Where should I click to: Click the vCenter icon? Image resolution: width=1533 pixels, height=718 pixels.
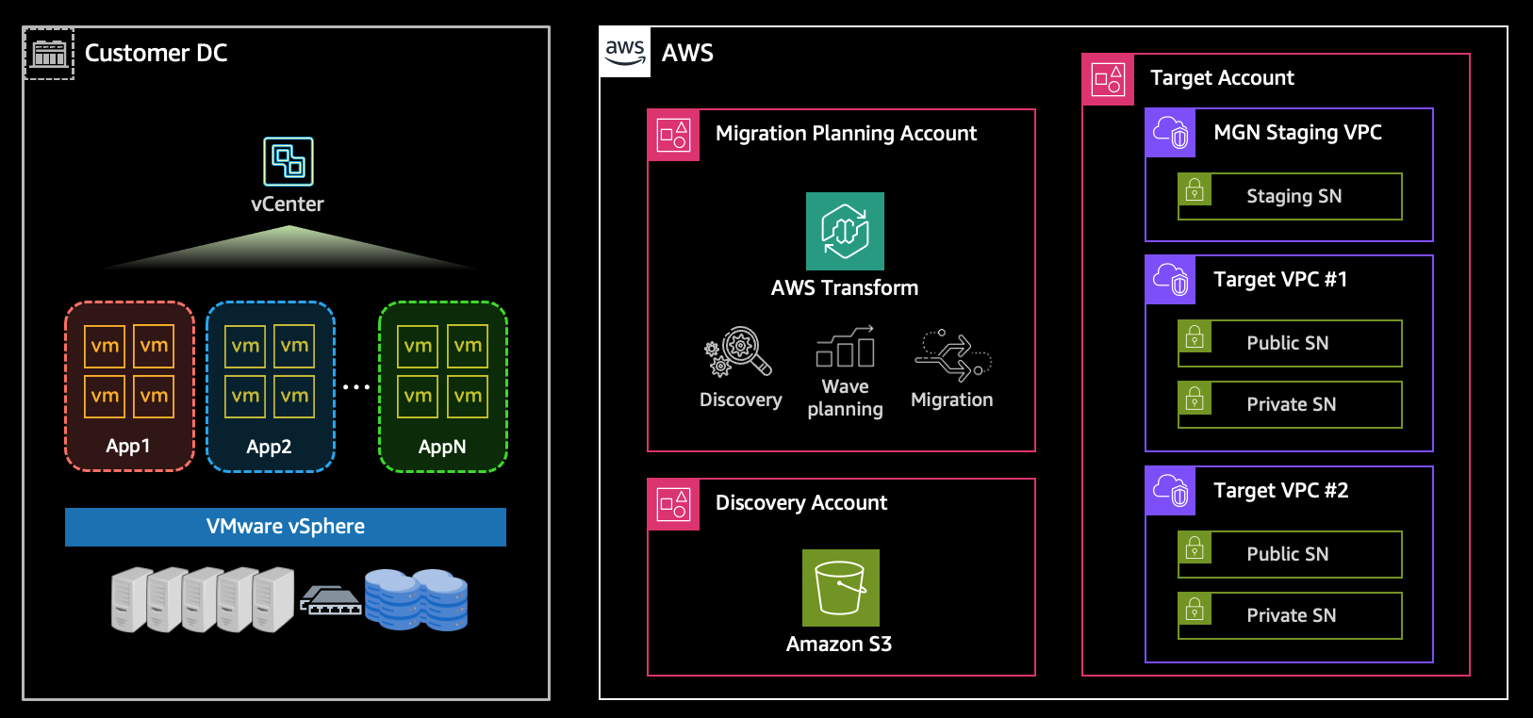coord(288,161)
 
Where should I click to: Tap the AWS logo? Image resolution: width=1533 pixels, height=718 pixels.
coord(625,52)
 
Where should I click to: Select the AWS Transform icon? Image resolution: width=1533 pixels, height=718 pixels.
coord(845,231)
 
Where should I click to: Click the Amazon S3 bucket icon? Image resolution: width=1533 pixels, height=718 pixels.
coord(840,587)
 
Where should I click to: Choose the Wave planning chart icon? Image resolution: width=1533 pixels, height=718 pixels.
coord(845,348)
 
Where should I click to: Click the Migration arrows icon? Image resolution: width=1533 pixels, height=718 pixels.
coord(952,355)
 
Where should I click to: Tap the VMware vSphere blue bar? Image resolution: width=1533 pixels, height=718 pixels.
coord(286,527)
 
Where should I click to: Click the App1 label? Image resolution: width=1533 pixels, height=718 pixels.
coord(128,446)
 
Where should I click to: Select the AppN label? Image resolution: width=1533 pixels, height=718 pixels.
coord(442,447)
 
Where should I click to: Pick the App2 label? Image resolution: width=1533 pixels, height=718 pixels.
coord(269,447)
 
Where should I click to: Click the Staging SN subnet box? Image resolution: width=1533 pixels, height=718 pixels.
coord(1290,196)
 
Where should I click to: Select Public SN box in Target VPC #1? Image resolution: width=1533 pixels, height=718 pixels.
coord(1290,343)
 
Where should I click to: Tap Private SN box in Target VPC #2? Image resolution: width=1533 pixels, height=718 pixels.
coord(1290,615)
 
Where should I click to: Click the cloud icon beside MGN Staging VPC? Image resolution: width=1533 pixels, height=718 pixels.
coord(1170,133)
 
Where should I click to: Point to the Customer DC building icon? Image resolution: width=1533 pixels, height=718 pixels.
coord(49,54)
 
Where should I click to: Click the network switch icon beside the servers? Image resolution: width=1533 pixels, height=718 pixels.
coord(330,600)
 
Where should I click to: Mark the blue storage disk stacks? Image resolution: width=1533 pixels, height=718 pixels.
coord(416,599)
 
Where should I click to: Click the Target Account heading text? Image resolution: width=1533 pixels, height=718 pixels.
coord(1222,78)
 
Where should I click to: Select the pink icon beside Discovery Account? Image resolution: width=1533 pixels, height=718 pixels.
coord(673,504)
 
